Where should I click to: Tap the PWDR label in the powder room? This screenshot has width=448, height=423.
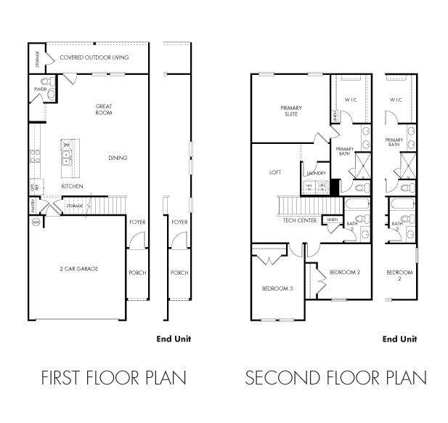pyautogui.click(x=40, y=89)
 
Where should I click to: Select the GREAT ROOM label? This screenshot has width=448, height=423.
pyautogui.click(x=104, y=110)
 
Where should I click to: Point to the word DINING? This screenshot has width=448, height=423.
pyautogui.click(x=118, y=158)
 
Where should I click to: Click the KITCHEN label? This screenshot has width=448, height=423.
pyautogui.click(x=72, y=187)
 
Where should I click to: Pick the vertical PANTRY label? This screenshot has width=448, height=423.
pyautogui.click(x=33, y=206)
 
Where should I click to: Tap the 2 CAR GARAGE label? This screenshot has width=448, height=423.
pyautogui.click(x=78, y=269)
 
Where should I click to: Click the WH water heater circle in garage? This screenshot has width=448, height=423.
pyautogui.click(x=35, y=222)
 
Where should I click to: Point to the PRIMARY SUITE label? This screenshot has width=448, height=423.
pyautogui.click(x=291, y=111)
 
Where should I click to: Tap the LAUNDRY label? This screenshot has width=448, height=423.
pyautogui.click(x=316, y=173)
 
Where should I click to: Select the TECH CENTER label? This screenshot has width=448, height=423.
pyautogui.click(x=299, y=220)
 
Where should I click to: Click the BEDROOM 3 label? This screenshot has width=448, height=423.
pyautogui.click(x=277, y=289)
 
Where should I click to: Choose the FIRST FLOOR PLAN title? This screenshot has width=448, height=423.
pyautogui.click(x=113, y=378)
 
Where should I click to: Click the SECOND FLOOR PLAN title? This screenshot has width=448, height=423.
pyautogui.click(x=335, y=378)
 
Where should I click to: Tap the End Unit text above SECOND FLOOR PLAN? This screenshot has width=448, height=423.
pyautogui.click(x=399, y=339)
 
